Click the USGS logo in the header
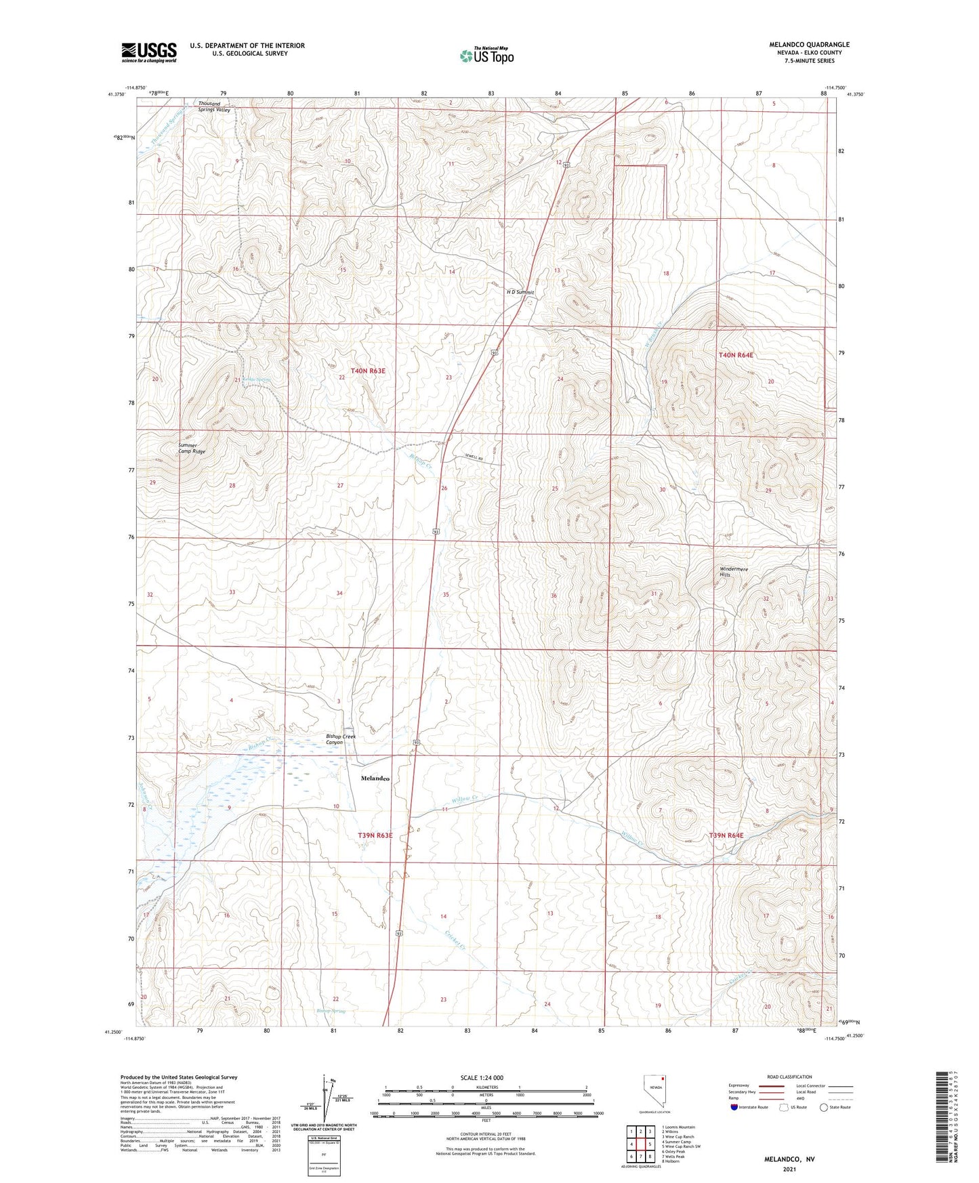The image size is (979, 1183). click(x=149, y=52)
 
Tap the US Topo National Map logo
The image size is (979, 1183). click(x=486, y=56)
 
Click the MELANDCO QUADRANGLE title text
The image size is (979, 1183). click(x=809, y=45)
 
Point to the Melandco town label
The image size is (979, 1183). click(x=375, y=779)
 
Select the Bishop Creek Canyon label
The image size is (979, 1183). click(x=340, y=739)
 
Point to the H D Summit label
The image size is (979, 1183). click(x=520, y=292)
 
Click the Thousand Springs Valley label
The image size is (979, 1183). click(x=214, y=106)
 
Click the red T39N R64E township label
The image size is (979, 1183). click(x=726, y=835)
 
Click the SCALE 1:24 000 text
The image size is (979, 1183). click(x=482, y=1077)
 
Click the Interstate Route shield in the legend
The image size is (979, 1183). click(x=734, y=1107)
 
